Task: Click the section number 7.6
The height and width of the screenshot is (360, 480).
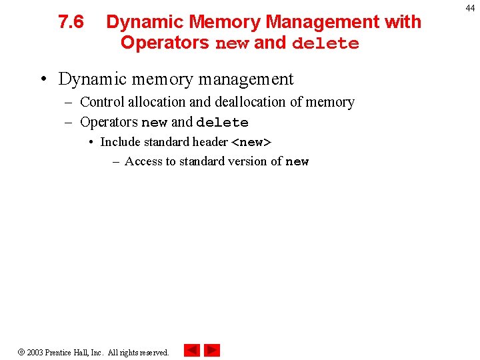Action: tap(71, 22)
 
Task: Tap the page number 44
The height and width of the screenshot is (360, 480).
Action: tap(471, 8)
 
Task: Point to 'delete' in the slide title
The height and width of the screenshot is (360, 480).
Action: tap(325, 43)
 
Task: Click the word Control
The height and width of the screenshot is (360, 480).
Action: tap(102, 102)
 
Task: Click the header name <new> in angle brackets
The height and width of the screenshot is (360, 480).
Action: tap(251, 142)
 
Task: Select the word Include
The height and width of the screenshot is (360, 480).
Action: tap(121, 142)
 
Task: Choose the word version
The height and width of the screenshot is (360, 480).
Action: tap(247, 161)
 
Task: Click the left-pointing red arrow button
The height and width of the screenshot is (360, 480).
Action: tap(192, 350)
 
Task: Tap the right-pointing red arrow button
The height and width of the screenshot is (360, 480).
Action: tap(212, 350)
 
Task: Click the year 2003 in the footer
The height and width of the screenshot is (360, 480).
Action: tap(35, 353)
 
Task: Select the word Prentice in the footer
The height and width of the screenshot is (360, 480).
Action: tap(59, 353)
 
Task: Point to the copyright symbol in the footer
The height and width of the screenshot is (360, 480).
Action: tap(21, 352)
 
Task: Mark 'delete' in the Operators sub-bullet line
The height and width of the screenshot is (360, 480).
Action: tap(222, 123)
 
